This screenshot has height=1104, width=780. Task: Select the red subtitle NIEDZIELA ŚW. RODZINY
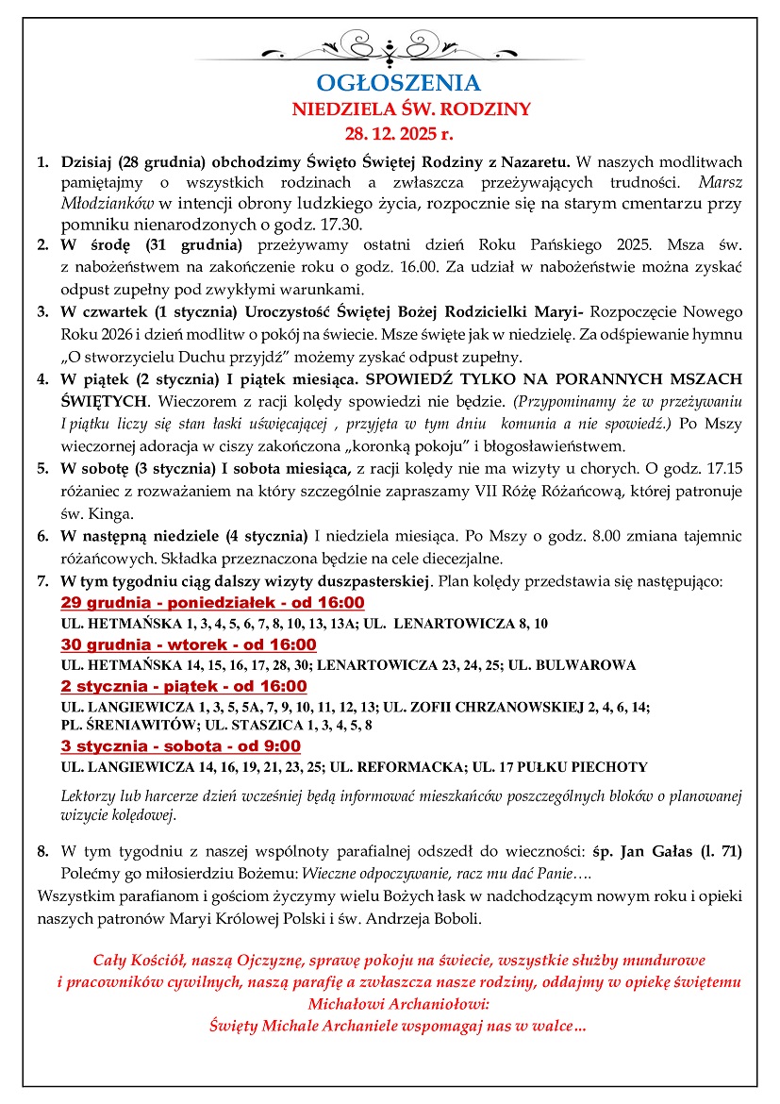tap(411, 109)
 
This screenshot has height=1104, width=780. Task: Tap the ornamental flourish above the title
tap(389, 45)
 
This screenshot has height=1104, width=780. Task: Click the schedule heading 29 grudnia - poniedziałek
tap(212, 603)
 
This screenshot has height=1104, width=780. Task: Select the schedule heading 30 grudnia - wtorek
tap(189, 644)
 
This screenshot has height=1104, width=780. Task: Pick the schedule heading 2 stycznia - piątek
tap(184, 686)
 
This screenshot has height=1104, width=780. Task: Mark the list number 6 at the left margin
tap(41, 536)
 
